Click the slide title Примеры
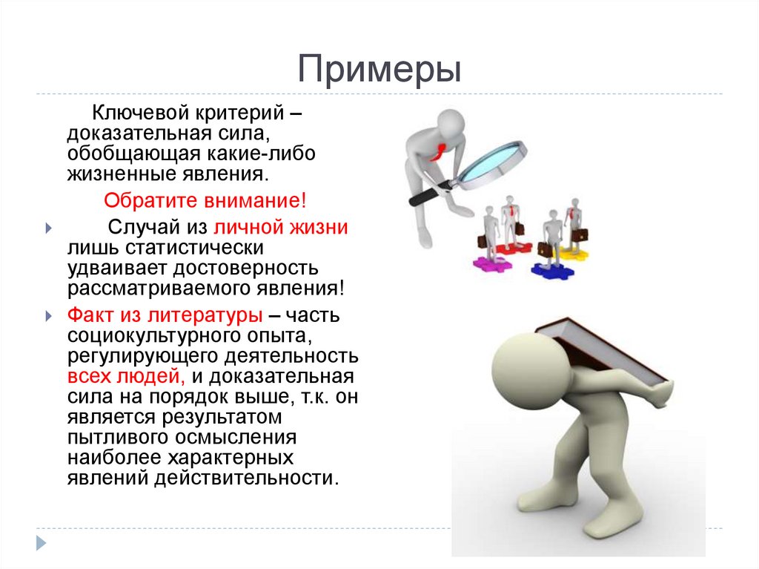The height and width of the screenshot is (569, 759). [379, 70]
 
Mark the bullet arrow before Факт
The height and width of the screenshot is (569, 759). [48, 316]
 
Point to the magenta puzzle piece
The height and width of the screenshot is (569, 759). [488, 261]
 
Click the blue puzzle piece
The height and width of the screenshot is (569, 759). [552, 270]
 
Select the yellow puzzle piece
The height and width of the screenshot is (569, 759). [573, 254]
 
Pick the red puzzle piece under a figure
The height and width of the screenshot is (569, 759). [513, 248]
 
